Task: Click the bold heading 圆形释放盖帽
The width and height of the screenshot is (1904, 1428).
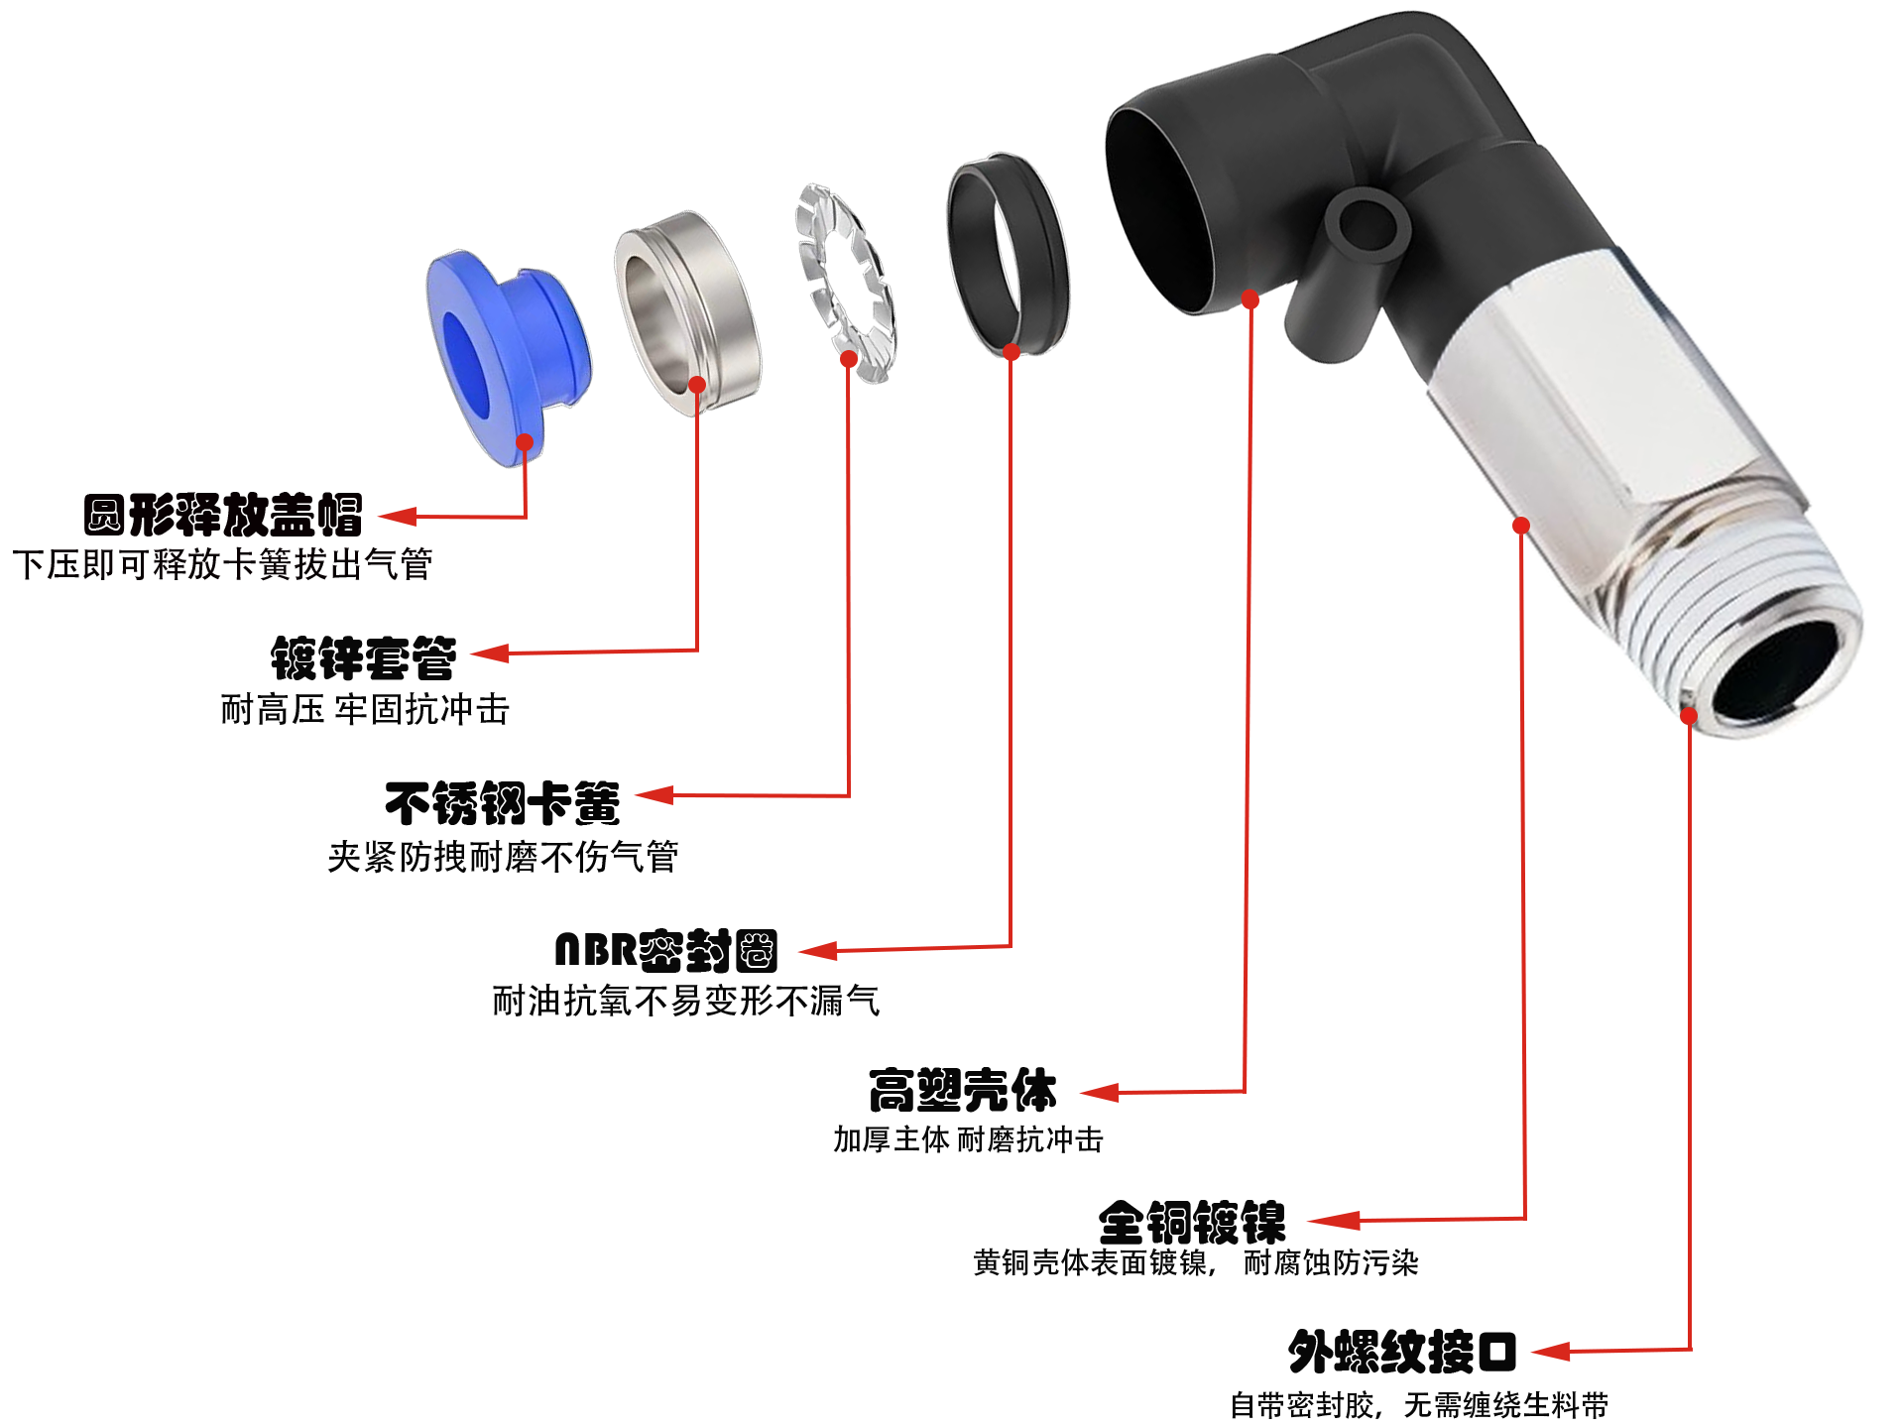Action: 223,515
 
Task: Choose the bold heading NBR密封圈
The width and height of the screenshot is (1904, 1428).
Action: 665,950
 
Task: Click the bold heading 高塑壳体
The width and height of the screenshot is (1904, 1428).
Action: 963,1091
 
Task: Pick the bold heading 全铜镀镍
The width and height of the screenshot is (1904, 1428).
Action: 1192,1222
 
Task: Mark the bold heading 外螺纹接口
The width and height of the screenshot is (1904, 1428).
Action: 1402,1352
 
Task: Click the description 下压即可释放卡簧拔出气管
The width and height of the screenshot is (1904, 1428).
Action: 223,565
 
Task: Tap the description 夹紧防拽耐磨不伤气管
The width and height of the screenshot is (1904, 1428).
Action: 503,857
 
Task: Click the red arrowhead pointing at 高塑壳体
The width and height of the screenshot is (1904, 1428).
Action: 1099,1093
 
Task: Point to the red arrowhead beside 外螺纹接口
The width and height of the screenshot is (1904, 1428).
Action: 1550,1352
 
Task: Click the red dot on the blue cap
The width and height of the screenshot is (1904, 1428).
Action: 525,442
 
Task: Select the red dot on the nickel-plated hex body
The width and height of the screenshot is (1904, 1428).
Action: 1521,526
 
